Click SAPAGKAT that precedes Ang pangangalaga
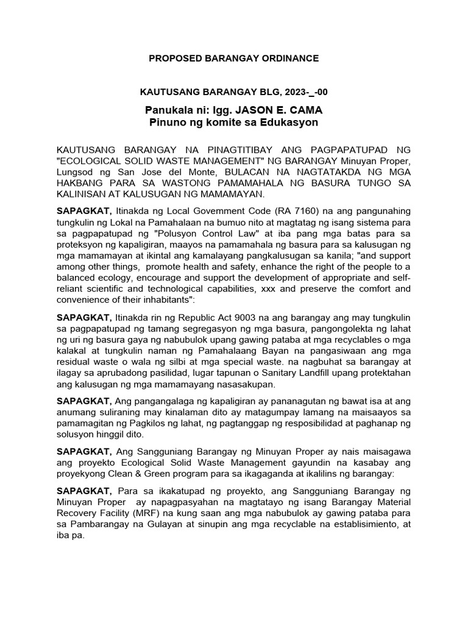coord(84,401)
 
